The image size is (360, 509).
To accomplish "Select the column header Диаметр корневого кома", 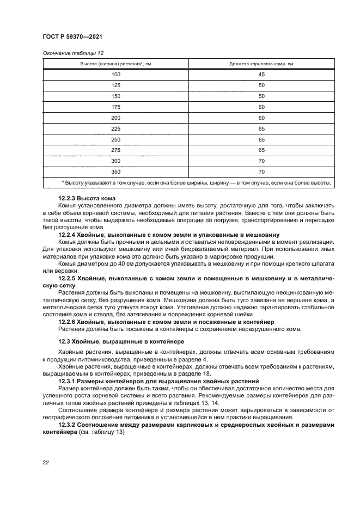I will pos(261,64).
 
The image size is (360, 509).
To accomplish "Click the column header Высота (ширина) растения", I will pos(115,64).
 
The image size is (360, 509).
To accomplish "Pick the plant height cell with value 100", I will pos(115,75).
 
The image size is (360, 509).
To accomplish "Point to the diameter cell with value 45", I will pos(261,75).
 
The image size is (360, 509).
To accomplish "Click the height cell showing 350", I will pos(115,171).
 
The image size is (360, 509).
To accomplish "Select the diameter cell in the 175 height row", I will pos(261,107).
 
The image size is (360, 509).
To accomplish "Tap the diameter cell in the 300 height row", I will pos(261,161).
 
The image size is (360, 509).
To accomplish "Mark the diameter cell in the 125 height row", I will pos(261,85).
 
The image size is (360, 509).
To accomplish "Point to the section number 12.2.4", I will pos(68,234).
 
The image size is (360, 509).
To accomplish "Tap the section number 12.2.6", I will pos(68,322).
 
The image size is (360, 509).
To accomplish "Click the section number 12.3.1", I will pos(68,381).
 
